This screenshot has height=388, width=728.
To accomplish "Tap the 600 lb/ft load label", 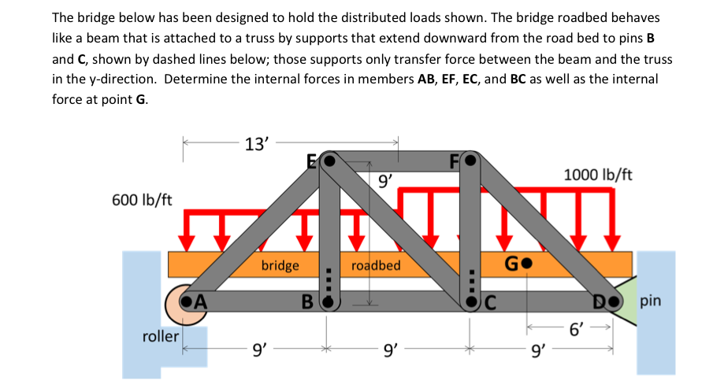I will (143, 199).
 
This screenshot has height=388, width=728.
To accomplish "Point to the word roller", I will (161, 336).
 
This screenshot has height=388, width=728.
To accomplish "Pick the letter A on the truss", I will (201, 300).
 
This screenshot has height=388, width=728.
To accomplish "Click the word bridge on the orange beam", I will (280, 265).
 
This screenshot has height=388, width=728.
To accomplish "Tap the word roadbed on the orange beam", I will (376, 265).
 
